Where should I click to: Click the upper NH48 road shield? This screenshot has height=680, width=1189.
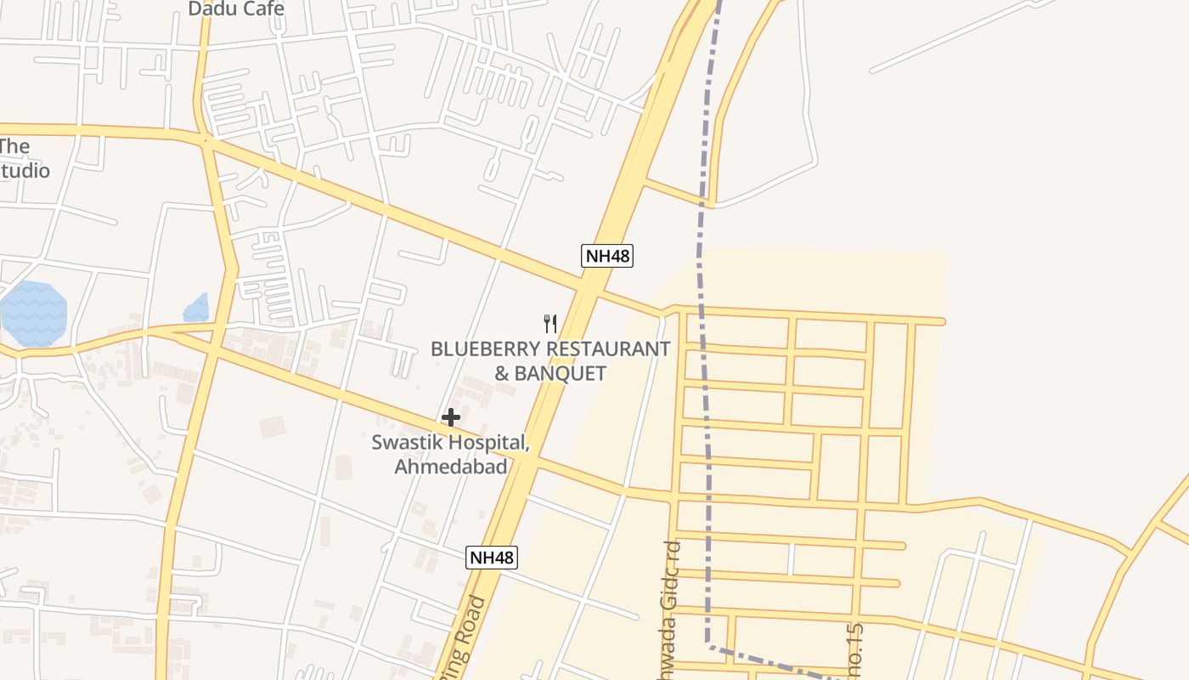tap(607, 256)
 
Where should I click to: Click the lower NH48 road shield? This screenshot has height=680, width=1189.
tap(492, 558)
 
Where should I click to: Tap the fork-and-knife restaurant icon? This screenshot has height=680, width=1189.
tap(550, 323)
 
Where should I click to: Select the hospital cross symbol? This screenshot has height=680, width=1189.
tap(451, 417)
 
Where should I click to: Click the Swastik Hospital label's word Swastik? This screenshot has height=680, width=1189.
tap(403, 443)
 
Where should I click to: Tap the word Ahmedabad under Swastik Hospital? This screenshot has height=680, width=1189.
tap(451, 467)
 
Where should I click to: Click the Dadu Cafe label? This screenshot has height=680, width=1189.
tap(236, 9)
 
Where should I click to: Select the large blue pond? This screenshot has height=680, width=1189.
tap(32, 312)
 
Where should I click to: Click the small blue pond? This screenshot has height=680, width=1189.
tap(196, 309)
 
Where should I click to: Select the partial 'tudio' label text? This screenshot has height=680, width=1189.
tap(25, 171)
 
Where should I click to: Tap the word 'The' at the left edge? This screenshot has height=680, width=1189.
tap(14, 146)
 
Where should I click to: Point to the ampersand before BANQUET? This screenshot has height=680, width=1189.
tap(504, 373)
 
